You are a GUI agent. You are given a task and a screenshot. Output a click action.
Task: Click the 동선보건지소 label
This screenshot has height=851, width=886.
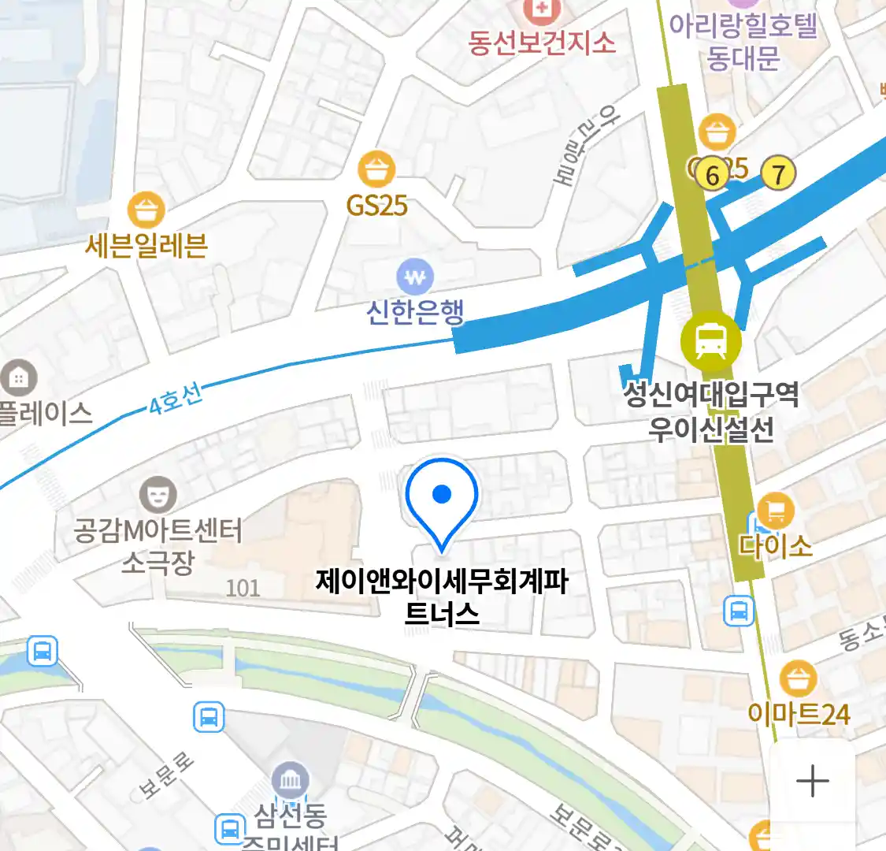(542, 43)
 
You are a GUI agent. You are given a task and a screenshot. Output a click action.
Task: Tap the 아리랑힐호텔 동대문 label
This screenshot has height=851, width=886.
(743, 43)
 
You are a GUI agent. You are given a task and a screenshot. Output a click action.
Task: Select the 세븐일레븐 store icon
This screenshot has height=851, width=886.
(146, 210)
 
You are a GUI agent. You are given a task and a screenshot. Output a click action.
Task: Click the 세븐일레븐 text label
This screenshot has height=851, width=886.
(146, 247)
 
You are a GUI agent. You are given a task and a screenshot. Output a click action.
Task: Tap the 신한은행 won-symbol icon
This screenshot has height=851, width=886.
(415, 277)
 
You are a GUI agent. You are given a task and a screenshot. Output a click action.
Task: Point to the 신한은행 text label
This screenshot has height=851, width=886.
(415, 312)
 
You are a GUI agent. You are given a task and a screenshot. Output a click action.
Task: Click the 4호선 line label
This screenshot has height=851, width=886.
(176, 399)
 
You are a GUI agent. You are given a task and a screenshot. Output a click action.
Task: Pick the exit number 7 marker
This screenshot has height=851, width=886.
(778, 173)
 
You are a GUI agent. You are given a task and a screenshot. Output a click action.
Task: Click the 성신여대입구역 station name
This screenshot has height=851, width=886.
(711, 393)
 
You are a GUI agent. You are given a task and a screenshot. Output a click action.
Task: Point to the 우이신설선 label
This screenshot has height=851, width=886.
(711, 429)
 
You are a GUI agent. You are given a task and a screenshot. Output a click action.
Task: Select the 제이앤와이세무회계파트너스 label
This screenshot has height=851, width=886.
(442, 597)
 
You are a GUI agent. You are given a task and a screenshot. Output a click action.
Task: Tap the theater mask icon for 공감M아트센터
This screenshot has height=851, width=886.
(158, 495)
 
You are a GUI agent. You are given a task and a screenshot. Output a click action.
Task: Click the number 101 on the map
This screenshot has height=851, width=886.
(243, 588)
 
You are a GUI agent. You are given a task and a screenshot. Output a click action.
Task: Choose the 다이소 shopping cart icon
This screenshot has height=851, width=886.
(775, 512)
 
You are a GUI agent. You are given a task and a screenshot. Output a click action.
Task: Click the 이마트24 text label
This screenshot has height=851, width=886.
(799, 715)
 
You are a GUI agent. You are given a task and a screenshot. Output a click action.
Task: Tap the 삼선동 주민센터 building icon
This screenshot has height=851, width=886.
(291, 781)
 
